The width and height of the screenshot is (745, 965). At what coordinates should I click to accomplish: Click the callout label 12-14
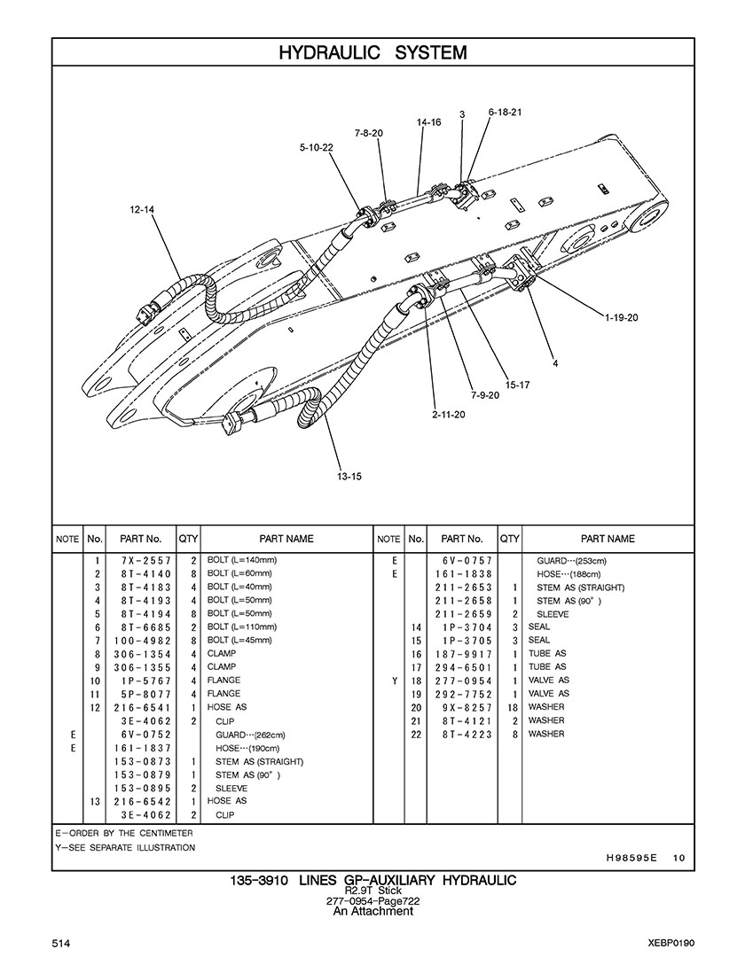pos(142,210)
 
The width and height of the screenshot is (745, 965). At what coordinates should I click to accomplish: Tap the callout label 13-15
pos(349,477)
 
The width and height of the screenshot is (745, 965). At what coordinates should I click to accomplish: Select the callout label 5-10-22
pos(316,148)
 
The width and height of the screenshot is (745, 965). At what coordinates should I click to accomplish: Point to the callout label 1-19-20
pos(621,317)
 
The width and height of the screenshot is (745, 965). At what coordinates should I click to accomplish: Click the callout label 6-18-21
pos(505,112)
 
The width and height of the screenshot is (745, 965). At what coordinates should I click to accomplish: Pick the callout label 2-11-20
pos(449,414)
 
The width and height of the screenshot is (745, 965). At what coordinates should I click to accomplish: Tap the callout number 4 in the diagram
pos(555,363)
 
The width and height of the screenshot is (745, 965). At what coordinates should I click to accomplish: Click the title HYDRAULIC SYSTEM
pos(372,53)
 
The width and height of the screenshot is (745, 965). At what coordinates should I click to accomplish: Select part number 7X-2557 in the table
pos(142,561)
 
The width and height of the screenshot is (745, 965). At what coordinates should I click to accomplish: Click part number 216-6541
pos(142,708)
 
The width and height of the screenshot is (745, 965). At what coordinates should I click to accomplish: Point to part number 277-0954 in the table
pos(463,681)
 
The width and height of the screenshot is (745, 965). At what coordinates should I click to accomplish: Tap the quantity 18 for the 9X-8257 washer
pos(513,708)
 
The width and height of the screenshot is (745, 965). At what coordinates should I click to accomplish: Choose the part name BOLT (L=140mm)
pos(241,560)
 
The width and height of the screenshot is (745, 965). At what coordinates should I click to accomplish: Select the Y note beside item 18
pos(395,681)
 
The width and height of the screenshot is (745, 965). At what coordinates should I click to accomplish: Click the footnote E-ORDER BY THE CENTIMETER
pos(124,833)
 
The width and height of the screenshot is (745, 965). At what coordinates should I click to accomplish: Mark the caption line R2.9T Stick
pos(372,891)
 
